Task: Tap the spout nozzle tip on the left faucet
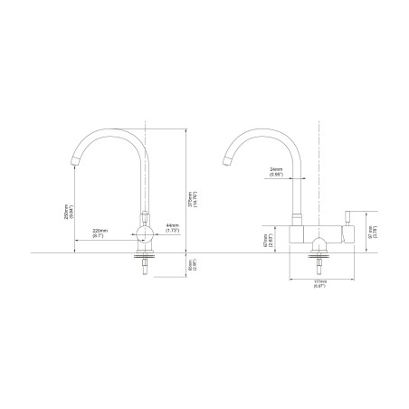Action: coord(74,162)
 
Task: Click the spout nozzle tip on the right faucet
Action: coord(224,162)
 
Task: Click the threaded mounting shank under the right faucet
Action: coord(319,263)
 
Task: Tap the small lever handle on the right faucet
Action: coord(345,217)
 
